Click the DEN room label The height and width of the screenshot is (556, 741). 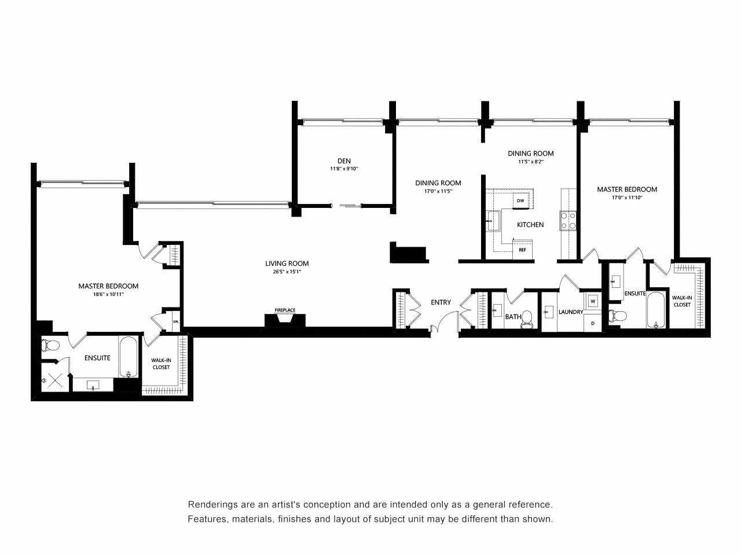344,160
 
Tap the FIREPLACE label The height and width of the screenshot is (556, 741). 285,310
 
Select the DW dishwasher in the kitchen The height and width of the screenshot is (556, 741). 520,201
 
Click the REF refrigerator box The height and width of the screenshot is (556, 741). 522,250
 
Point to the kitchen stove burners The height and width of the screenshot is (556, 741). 567,221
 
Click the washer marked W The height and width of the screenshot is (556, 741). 593,301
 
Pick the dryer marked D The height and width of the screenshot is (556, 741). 592,323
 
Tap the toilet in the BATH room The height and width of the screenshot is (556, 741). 526,319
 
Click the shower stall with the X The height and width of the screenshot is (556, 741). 54,380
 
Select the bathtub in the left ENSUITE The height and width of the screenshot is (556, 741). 128,357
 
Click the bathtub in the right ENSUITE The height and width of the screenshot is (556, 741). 655,310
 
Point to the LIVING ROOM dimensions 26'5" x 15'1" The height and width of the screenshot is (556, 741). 287,272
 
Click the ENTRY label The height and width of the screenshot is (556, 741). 441,302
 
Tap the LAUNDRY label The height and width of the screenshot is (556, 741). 571,312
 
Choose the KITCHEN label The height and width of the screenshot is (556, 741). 530,225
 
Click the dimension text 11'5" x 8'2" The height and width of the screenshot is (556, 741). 531,162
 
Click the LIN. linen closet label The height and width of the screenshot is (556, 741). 176,321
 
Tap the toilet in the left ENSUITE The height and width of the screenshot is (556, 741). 50,345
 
